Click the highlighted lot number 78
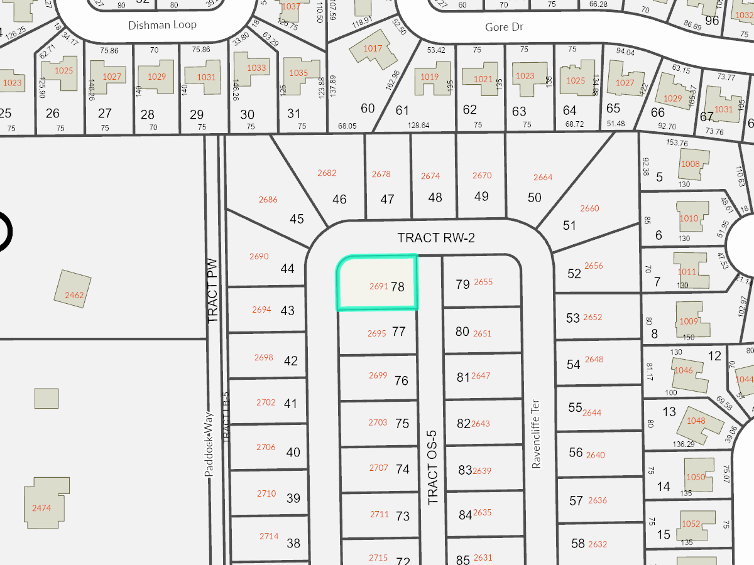[397, 287]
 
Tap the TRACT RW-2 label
[435, 238]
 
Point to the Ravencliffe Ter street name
[536, 434]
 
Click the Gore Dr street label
[504, 27]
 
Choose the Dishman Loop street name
[162, 24]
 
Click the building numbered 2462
[74, 289]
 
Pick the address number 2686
[268, 200]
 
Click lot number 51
[569, 225]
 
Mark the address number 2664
[543, 177]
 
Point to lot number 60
[368, 109]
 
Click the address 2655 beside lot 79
[483, 282]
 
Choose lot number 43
[288, 311]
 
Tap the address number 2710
[266, 493]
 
